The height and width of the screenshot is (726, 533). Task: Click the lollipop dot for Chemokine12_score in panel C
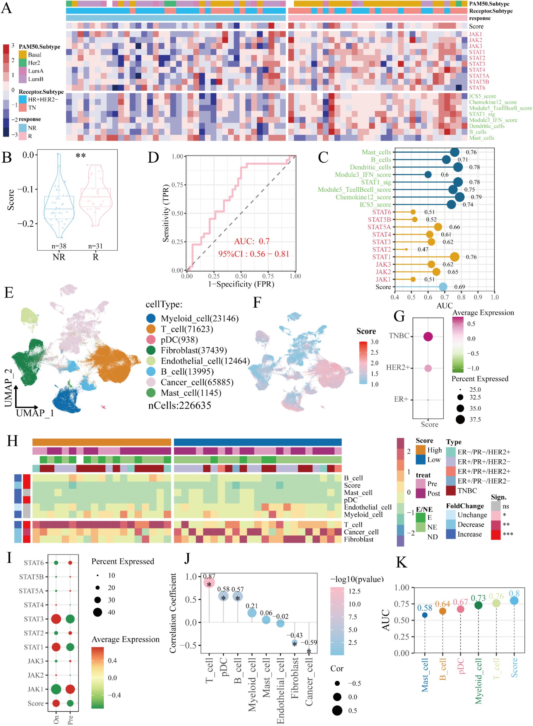[x=459, y=197]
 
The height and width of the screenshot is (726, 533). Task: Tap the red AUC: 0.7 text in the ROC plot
[x=252, y=241]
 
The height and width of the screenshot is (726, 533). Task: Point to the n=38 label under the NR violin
[x=59, y=246]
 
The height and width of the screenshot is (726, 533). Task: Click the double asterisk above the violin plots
[x=81, y=156]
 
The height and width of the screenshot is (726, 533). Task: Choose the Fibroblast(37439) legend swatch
[x=151, y=350]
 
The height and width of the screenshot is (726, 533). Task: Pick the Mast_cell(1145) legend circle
[x=151, y=393]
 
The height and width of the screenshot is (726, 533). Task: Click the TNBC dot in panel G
[x=428, y=337]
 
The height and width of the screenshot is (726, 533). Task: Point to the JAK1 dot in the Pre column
[x=70, y=689]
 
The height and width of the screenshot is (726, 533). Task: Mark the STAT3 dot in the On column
[x=56, y=619]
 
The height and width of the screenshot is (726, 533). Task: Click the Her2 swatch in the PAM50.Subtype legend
[x=23, y=63]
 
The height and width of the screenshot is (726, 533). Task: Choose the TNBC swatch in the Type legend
[x=451, y=491]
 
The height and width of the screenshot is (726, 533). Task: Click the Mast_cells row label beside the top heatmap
[x=481, y=138]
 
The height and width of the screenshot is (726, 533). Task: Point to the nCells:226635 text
[x=179, y=406]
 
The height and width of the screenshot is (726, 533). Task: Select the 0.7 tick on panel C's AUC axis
[x=444, y=297]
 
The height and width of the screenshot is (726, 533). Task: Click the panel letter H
[x=12, y=441]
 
